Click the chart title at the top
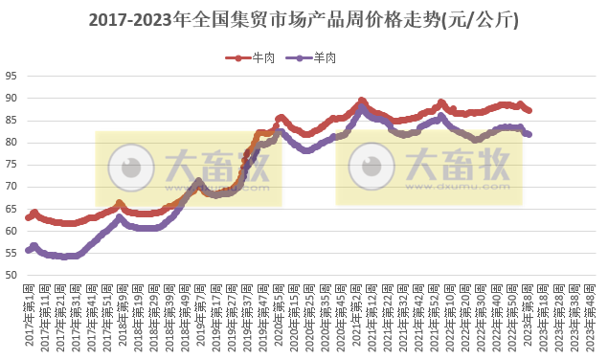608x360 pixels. pyautogui.click(x=304, y=19)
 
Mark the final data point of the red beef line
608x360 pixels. pyautogui.click(x=529, y=111)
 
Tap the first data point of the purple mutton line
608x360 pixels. pyautogui.click(x=29, y=250)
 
